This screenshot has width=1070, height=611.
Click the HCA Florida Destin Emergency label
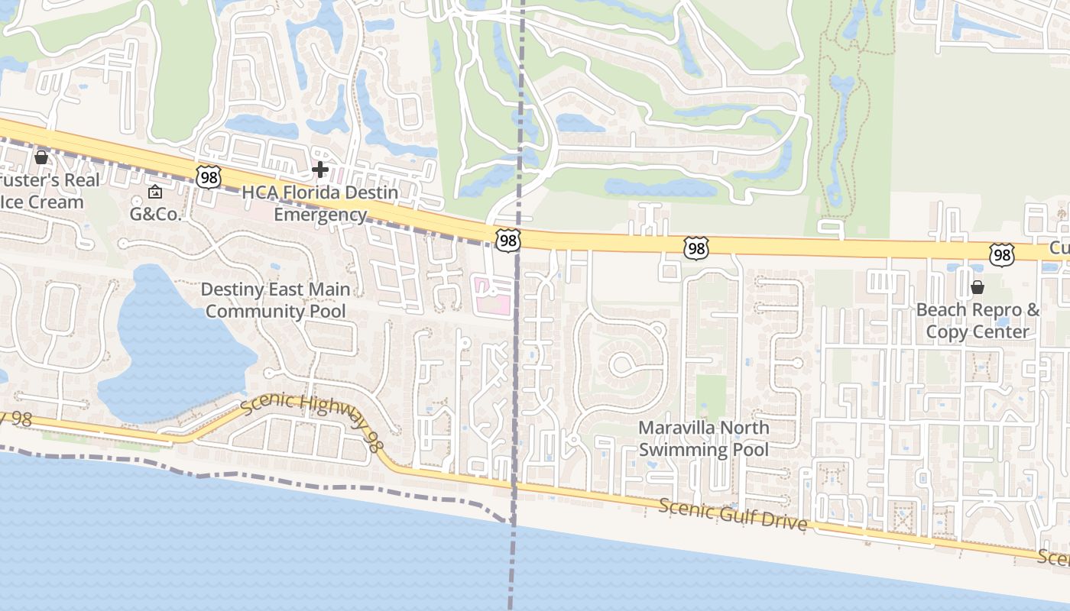click(320, 203)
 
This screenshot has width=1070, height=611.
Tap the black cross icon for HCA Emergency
click(320, 169)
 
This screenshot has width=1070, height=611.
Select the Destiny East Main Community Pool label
click(275, 300)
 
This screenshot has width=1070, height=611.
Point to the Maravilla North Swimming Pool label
click(704, 438)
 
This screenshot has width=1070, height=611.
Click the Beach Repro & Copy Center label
click(978, 321)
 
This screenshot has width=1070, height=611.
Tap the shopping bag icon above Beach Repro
click(978, 287)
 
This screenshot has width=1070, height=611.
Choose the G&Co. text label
click(155, 214)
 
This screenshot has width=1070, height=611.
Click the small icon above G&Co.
click(155, 191)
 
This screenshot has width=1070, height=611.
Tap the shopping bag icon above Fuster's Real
click(41, 157)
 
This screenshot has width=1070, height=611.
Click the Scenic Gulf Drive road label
click(732, 515)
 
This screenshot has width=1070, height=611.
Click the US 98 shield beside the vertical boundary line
click(507, 241)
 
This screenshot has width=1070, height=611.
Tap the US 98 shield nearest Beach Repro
click(1001, 254)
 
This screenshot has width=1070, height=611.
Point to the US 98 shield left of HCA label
click(208, 177)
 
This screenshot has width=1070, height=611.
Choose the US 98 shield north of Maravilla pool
click(695, 247)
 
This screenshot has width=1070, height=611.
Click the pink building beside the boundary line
click(494, 296)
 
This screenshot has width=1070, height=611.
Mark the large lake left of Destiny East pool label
click(168, 344)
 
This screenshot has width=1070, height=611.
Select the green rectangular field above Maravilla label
click(711, 395)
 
